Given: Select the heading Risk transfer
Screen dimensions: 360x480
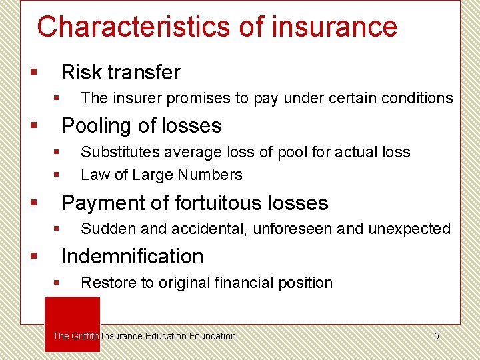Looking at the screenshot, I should [121, 72].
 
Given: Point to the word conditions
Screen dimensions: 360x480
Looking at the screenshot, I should [417, 99].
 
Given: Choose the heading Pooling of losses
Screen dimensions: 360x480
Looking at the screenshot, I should [141, 125].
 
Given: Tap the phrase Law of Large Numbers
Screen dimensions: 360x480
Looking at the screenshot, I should [161, 175].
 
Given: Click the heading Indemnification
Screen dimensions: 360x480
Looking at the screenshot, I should [132, 256].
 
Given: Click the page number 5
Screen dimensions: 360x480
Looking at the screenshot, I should [437, 336].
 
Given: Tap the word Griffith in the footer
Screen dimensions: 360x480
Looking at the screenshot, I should [85, 336].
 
